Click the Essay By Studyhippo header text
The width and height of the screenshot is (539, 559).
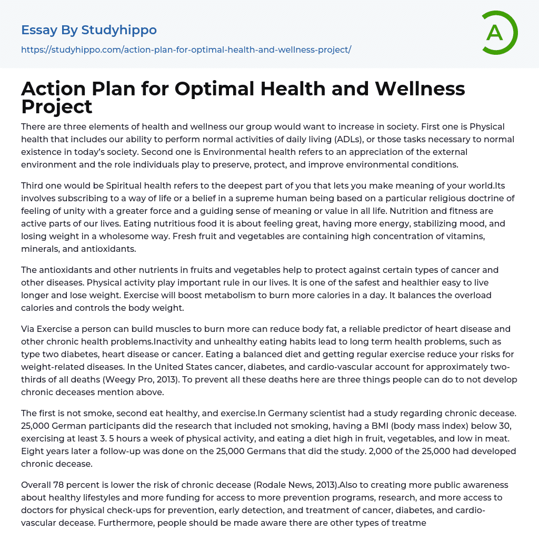point(89,31)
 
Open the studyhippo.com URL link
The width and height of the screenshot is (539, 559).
point(186,50)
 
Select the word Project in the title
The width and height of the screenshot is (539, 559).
point(57,106)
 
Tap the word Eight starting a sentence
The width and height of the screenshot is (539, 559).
point(33,451)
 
